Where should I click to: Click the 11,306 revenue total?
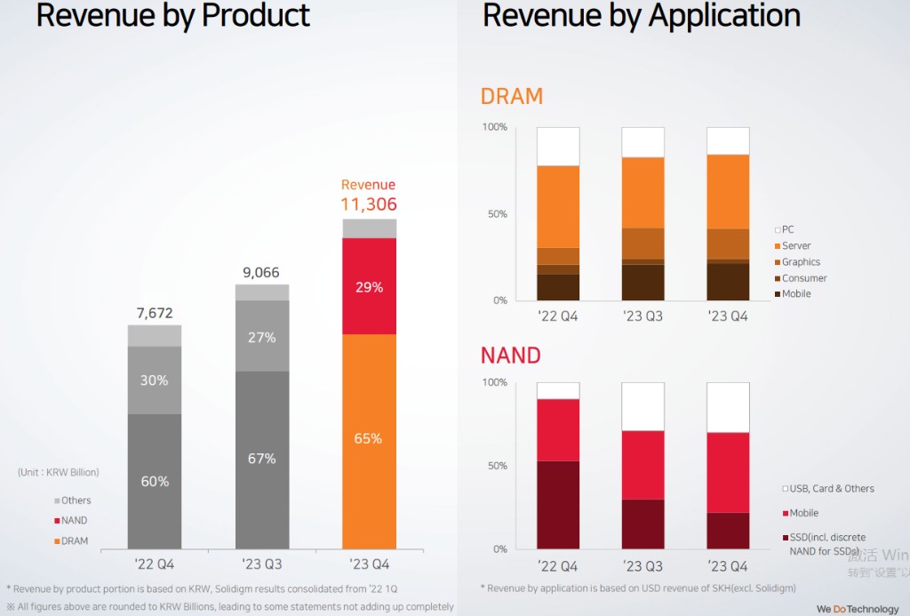coord(369,204)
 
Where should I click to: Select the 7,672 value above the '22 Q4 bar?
coord(155,313)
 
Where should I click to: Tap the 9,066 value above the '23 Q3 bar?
coord(261,273)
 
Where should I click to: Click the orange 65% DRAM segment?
coord(369,438)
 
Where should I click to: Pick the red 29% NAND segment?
coord(369,287)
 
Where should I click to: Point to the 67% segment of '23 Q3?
coord(261,459)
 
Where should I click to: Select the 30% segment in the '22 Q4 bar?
coord(155,380)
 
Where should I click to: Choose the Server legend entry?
coord(796,246)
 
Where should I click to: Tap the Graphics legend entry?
coord(801,262)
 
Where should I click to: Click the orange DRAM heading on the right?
coord(512,96)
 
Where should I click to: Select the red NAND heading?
coord(511,356)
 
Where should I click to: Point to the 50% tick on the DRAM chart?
coord(494,214)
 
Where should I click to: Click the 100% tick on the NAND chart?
coord(493,382)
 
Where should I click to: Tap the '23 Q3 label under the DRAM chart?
coord(643,316)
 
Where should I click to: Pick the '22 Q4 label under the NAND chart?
coord(557,566)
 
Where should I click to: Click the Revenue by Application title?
coord(642,16)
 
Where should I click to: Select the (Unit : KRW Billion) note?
coord(59,472)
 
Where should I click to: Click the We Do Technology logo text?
coord(858,609)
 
